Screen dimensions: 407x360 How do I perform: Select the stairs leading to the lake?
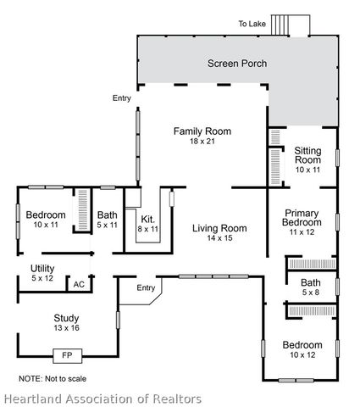coord(297,25)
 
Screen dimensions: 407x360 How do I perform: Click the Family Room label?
coord(202,131)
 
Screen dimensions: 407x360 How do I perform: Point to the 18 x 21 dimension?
coord(202,142)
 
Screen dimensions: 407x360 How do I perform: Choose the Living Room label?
coord(219,228)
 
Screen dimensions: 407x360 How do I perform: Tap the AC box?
coord(79,284)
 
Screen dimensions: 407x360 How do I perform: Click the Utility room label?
coord(42,269)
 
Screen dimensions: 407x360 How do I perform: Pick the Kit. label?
coord(147,219)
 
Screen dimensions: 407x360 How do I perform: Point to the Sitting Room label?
coord(307,155)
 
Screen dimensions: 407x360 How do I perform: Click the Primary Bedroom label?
coord(302,217)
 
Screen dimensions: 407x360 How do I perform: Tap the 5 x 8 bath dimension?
coord(310,293)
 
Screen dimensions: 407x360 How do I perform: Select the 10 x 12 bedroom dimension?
coord(302,355)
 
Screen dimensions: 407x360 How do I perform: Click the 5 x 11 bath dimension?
coord(107,225)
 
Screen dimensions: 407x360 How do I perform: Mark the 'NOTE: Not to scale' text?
coord(53,378)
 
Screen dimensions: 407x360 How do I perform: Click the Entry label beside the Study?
coord(147,288)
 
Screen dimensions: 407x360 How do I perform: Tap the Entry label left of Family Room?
coord(121,98)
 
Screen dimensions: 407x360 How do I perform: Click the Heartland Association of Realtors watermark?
coord(102,398)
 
